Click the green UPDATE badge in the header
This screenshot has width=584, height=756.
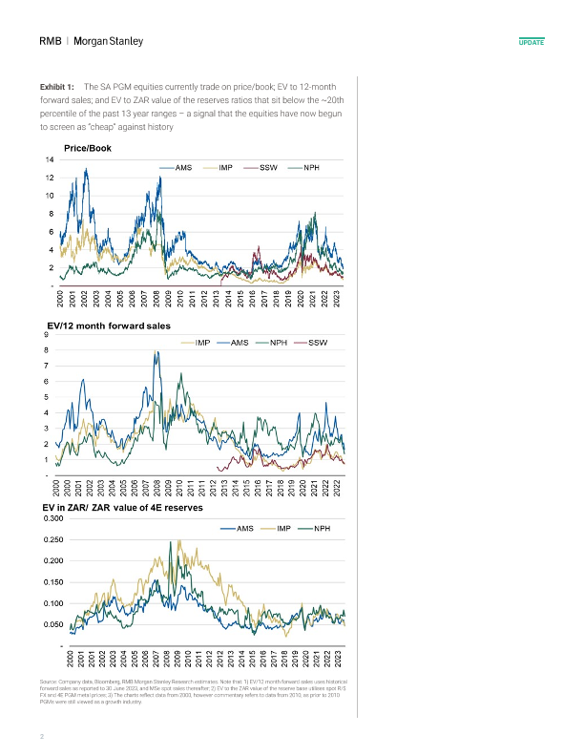point(531,44)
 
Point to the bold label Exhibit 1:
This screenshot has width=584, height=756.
point(57,86)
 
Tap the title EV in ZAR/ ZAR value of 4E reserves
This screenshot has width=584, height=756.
point(123,509)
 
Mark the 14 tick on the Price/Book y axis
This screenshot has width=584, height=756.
point(49,159)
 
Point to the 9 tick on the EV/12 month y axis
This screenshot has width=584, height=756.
point(48,334)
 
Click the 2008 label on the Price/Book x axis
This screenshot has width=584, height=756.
point(157,300)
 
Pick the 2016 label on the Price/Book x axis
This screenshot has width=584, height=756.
point(255,300)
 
